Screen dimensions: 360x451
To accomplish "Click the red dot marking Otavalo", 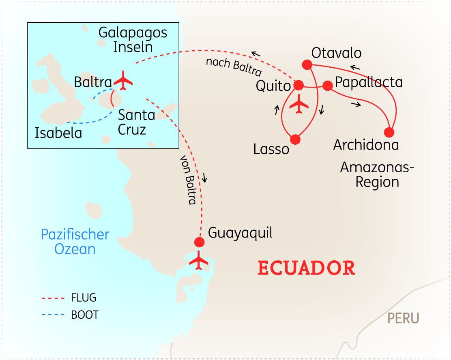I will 307,64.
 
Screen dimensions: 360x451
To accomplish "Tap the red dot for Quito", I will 299,85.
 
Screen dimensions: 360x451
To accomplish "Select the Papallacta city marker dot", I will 327,85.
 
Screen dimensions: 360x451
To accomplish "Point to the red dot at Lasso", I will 295,139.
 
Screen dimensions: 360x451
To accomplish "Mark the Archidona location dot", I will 389,133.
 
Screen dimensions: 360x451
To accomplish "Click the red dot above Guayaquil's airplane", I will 199,242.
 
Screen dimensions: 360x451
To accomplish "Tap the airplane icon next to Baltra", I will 123,81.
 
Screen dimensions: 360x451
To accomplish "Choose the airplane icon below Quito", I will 299,104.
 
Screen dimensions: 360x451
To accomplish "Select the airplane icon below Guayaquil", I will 199,260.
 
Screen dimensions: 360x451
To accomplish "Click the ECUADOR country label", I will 306,268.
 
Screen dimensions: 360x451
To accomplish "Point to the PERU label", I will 403,318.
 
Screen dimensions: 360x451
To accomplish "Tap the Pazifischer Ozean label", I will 75,242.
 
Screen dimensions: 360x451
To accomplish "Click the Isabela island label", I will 58,133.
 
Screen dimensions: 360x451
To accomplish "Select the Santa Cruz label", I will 136,122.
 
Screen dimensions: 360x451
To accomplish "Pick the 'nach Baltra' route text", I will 233,67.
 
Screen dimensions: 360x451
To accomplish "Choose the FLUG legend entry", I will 84,298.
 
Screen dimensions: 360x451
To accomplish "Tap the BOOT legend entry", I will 84,315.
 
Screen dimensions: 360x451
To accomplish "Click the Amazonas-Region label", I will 377,174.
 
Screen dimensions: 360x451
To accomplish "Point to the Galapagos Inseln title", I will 133,40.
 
